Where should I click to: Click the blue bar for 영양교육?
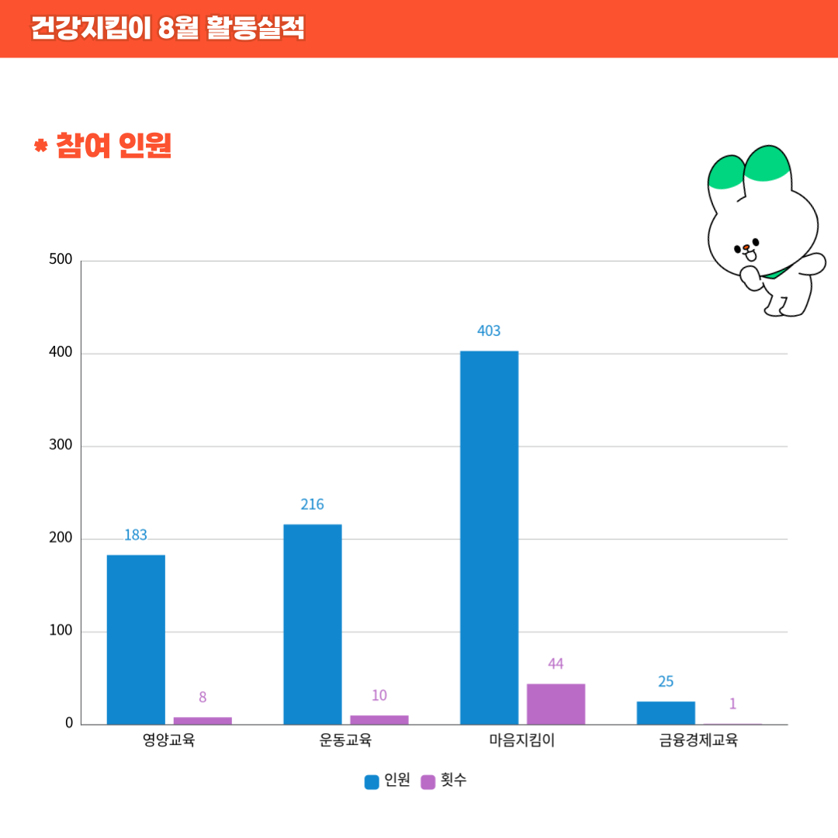tap(136, 639)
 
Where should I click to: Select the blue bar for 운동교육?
tap(312, 624)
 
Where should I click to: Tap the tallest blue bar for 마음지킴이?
tap(489, 537)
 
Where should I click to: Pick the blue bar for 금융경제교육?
tap(666, 713)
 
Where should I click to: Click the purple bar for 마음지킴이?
tap(556, 704)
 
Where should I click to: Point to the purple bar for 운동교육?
tap(379, 720)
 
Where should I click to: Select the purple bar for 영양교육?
tap(203, 721)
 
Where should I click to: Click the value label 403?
tap(489, 331)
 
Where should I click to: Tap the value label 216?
tap(312, 505)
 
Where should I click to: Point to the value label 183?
tap(136, 535)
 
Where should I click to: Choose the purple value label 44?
tap(556, 664)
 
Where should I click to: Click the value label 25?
tap(666, 682)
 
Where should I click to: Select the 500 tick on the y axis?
tap(61, 259)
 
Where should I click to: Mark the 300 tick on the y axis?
tap(61, 445)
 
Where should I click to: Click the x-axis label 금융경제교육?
tap(698, 741)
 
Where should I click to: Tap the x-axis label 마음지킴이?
tap(521, 741)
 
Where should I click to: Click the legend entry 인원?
tap(387, 781)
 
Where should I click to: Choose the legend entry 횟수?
tap(445, 781)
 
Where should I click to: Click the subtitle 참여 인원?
tap(113, 146)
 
